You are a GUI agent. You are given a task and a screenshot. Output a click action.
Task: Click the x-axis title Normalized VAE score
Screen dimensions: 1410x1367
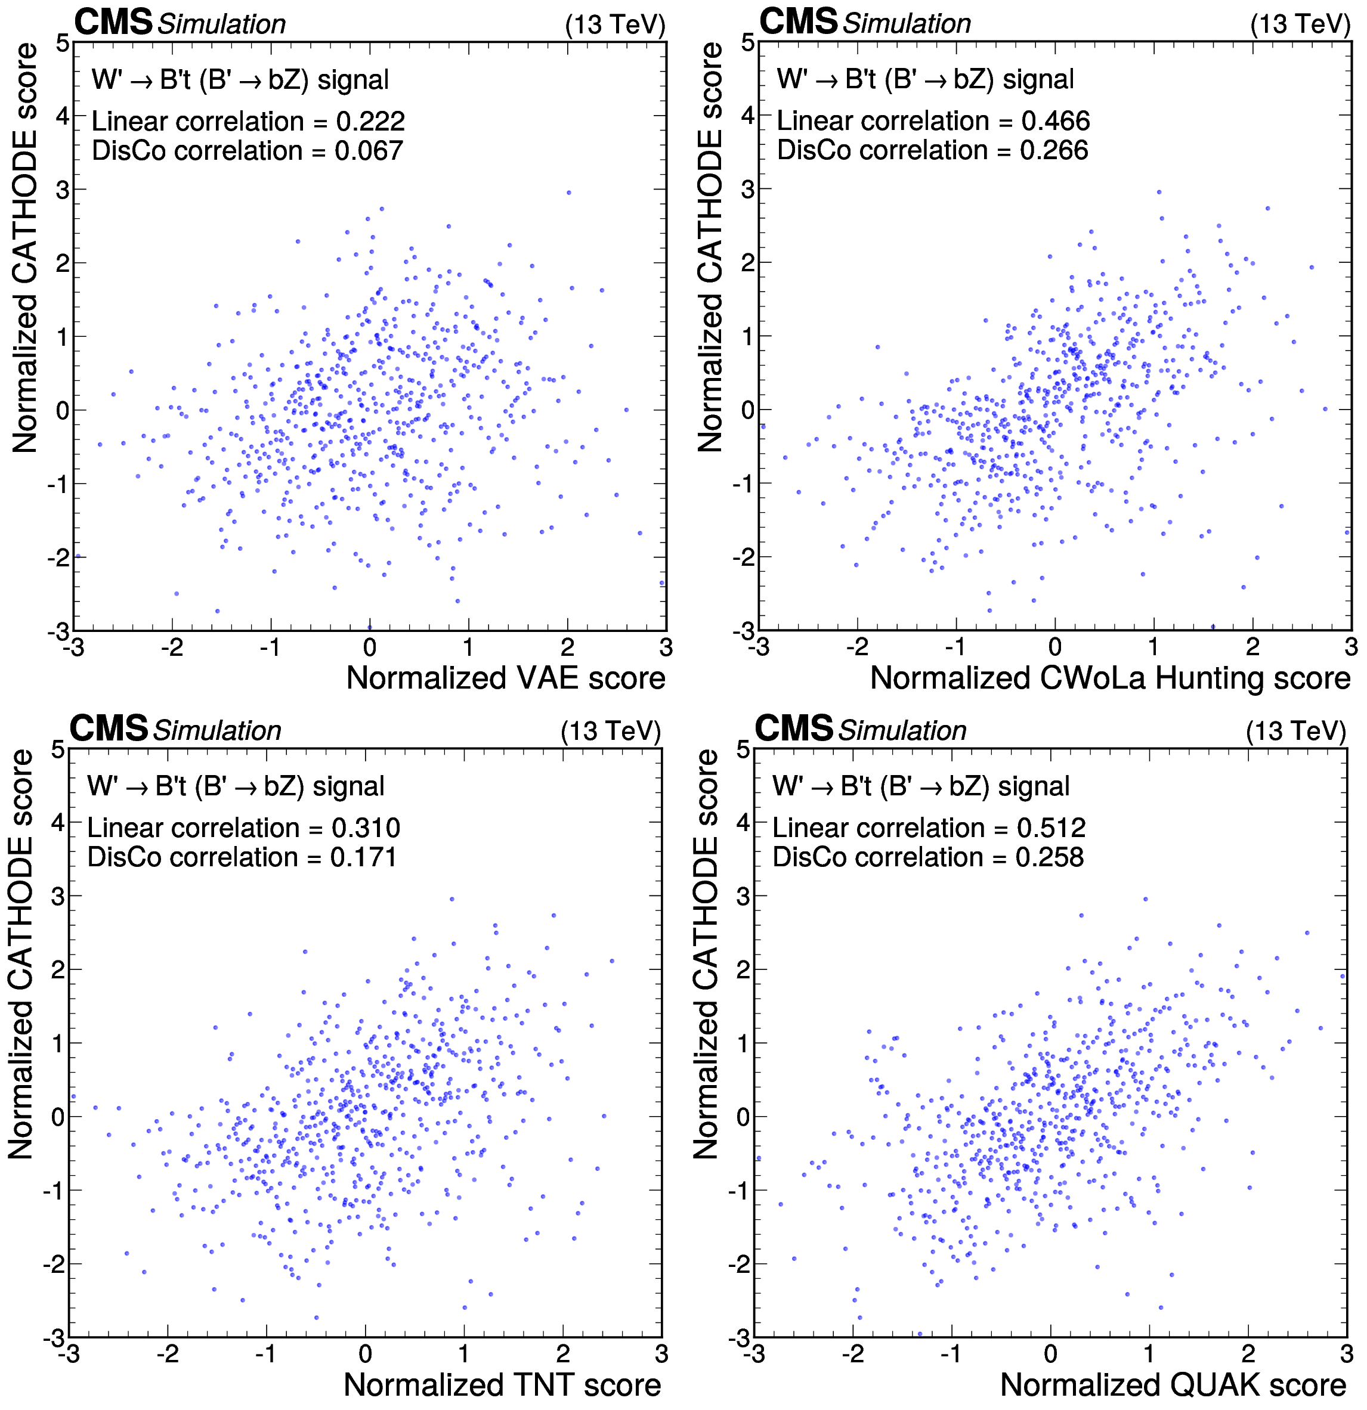coord(506,678)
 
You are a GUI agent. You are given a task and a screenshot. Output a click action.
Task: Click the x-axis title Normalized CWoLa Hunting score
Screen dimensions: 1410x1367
coord(1110,678)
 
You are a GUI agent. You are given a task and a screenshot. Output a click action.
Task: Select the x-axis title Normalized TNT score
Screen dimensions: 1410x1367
coord(502,1385)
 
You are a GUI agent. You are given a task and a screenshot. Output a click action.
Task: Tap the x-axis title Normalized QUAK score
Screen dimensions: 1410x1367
coord(1173,1385)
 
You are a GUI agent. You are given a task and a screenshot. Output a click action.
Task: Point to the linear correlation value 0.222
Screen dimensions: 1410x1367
coord(370,122)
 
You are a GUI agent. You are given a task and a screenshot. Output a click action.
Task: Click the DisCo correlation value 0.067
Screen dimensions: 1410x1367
coord(369,151)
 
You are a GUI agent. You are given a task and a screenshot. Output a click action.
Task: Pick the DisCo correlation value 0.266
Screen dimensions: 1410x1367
coord(1054,150)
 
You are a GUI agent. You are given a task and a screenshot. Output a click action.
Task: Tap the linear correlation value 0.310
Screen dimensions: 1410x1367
coord(366,828)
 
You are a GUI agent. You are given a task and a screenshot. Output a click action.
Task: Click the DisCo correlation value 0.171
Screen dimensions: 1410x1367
coord(363,857)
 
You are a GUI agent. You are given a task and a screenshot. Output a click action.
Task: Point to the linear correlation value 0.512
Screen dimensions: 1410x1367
coord(1051,828)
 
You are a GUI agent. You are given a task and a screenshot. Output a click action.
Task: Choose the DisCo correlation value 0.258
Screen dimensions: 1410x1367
coord(1050,857)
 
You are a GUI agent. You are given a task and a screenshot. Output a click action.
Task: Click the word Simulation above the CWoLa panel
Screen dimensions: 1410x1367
coord(907,24)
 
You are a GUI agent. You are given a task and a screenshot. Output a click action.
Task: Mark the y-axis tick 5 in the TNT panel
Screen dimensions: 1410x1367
coord(58,749)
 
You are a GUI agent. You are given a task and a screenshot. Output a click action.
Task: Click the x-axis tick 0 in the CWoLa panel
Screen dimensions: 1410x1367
coord(1054,647)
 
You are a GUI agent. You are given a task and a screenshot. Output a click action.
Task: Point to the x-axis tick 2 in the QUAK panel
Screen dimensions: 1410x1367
coord(1248,1353)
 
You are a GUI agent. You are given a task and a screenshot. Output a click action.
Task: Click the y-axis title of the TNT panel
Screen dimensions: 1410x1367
coord(21,954)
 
